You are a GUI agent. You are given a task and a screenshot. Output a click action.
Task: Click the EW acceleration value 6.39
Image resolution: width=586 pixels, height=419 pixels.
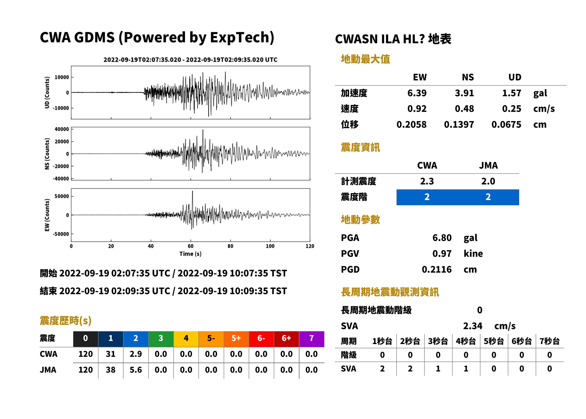click(x=417, y=93)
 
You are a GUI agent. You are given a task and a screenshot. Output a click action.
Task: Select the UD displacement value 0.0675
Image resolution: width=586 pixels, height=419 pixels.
click(x=506, y=124)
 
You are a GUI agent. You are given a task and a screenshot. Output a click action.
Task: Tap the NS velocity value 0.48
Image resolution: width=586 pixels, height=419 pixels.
click(x=464, y=109)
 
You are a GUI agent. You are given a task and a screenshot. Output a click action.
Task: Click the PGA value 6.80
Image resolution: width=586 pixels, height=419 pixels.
click(x=442, y=238)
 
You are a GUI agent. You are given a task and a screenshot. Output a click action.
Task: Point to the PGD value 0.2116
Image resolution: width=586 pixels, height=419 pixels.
click(x=436, y=269)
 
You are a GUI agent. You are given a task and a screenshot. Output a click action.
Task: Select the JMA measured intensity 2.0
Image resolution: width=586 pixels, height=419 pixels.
click(x=488, y=181)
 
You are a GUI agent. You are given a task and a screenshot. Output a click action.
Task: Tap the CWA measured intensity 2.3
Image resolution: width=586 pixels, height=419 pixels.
click(x=427, y=181)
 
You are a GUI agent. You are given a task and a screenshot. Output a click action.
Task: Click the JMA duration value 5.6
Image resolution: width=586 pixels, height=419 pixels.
click(x=136, y=370)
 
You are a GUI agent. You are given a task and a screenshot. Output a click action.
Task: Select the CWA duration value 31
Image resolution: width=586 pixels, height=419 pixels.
click(x=111, y=354)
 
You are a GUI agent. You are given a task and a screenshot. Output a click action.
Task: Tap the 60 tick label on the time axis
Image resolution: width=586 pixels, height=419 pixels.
click(x=190, y=246)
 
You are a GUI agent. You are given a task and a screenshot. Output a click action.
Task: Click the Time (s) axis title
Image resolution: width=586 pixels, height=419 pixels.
click(x=190, y=254)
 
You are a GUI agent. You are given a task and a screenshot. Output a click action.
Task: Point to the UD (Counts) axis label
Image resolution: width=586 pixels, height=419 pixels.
click(x=47, y=92)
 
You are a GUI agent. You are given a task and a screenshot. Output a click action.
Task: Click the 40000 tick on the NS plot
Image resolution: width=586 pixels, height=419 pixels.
click(x=62, y=129)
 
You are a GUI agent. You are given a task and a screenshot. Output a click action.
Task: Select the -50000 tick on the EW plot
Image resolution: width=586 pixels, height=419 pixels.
click(x=61, y=234)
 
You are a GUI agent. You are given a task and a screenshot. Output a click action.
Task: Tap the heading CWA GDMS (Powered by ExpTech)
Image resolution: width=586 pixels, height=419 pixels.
click(x=157, y=38)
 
